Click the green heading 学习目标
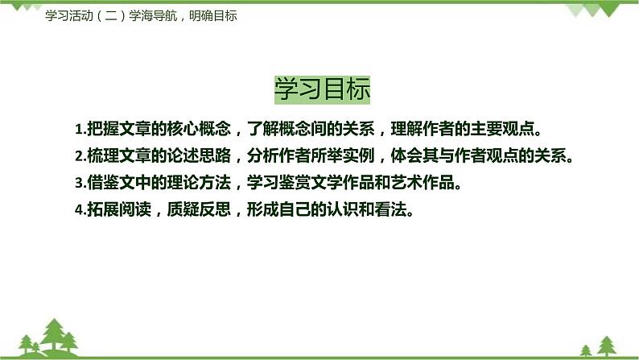322,89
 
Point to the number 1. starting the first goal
79,130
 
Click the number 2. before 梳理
79,156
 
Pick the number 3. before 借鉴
79,183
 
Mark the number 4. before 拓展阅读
79,209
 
